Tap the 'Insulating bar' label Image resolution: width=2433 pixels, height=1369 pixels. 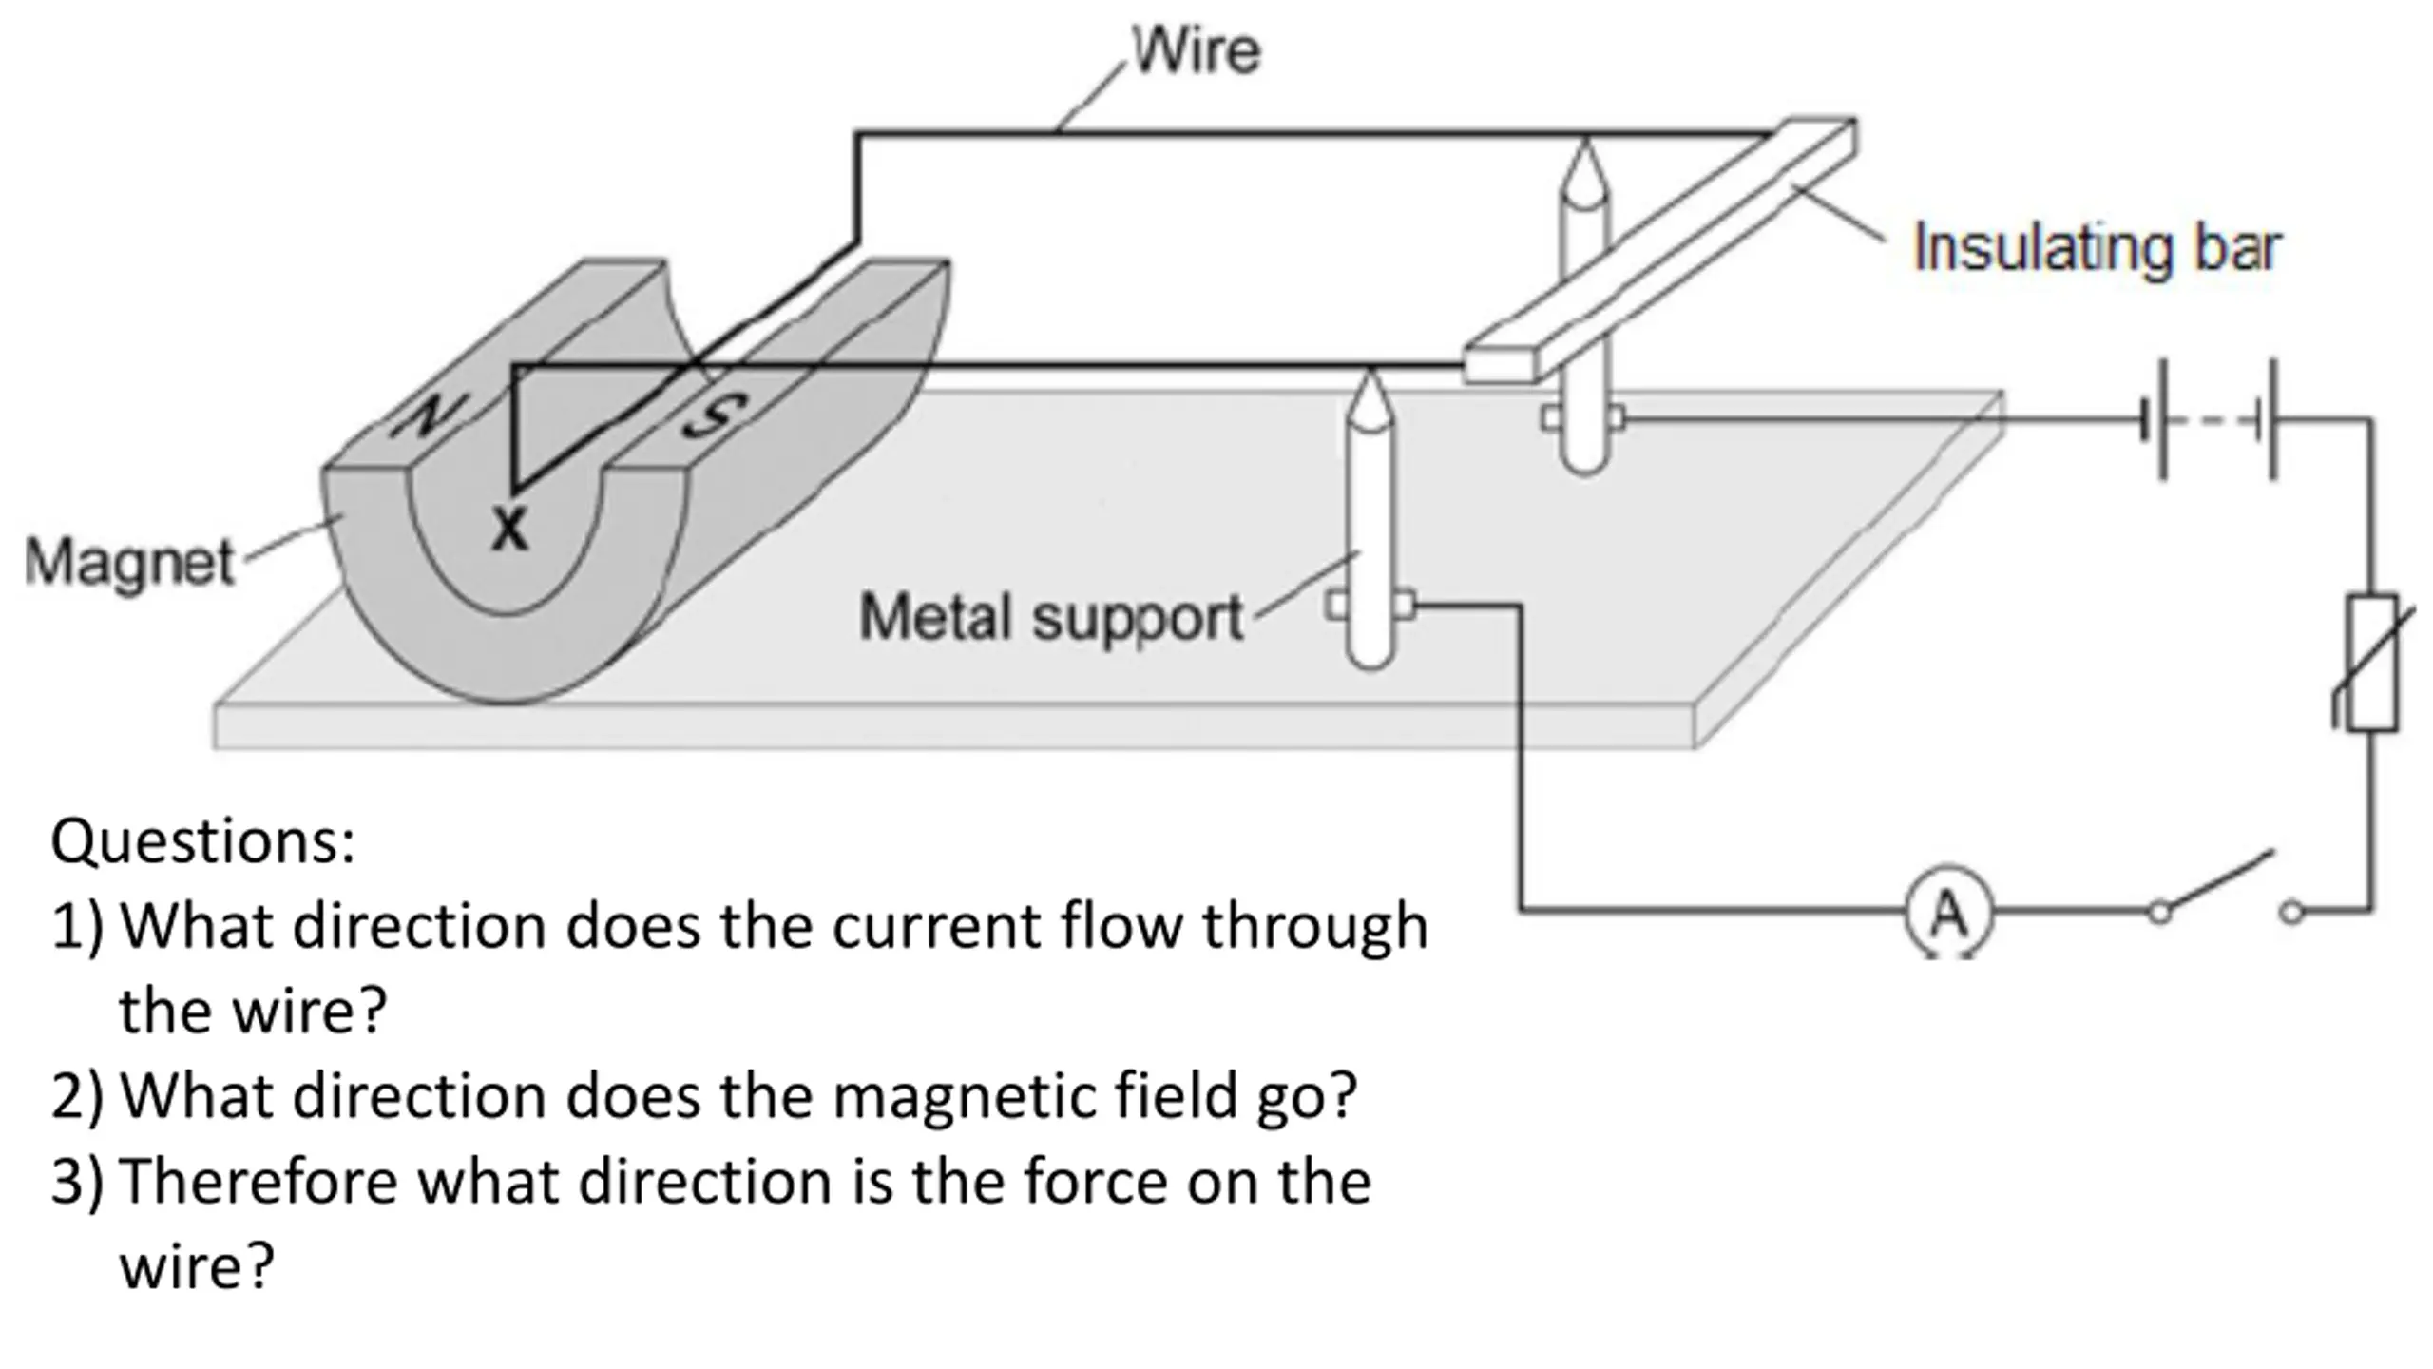click(2097, 248)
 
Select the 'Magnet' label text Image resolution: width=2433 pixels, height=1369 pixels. click(129, 561)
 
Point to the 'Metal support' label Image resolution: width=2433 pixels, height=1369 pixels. click(1051, 618)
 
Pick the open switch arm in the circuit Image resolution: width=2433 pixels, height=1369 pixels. click(2216, 881)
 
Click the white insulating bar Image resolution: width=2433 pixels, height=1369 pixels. click(1659, 249)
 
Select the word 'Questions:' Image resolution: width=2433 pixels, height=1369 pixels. click(202, 840)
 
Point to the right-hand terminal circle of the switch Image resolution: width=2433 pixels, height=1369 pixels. click(2291, 913)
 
